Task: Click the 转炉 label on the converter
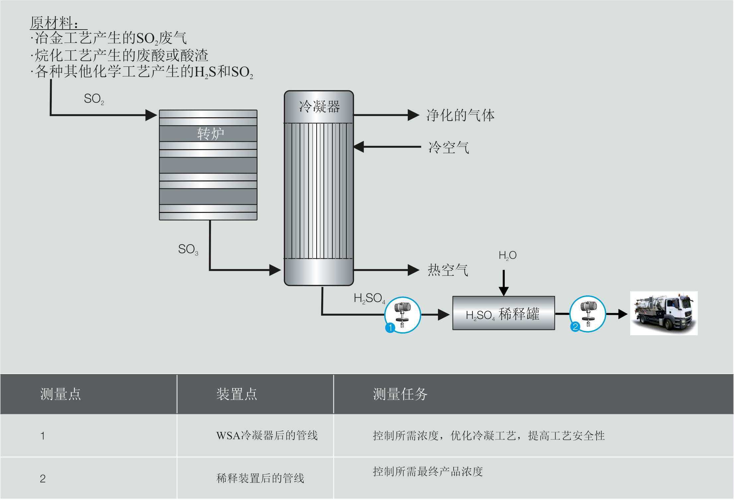(210, 134)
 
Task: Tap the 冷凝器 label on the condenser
(319, 107)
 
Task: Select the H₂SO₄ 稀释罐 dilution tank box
(503, 313)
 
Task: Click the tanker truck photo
(664, 313)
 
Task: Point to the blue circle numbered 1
(390, 328)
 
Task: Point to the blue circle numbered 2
(575, 327)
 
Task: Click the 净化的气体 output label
(460, 115)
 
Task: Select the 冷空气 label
(449, 147)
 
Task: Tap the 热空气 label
(448, 270)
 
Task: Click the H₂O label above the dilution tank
(507, 255)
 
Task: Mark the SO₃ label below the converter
(188, 249)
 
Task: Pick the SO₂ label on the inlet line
(94, 99)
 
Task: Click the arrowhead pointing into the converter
(151, 115)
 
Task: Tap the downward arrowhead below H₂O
(504, 291)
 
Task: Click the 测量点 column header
(60, 394)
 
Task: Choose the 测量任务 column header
(400, 394)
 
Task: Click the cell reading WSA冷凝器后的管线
(267, 435)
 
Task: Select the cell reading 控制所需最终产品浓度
(428, 471)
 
